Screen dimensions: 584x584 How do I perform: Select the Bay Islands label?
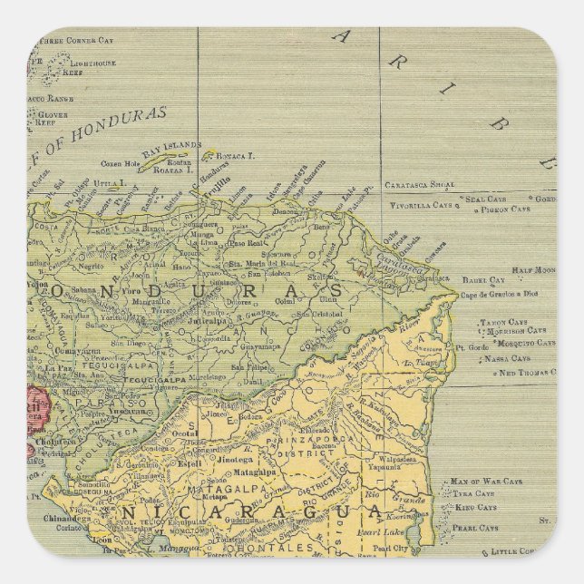[x=171, y=145]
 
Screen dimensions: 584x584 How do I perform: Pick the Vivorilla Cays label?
[x=418, y=206]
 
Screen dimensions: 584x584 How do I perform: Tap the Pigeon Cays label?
[x=505, y=209]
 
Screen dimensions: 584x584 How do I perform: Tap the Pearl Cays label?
[x=475, y=528]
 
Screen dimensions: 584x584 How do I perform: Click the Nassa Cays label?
[x=508, y=358]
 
